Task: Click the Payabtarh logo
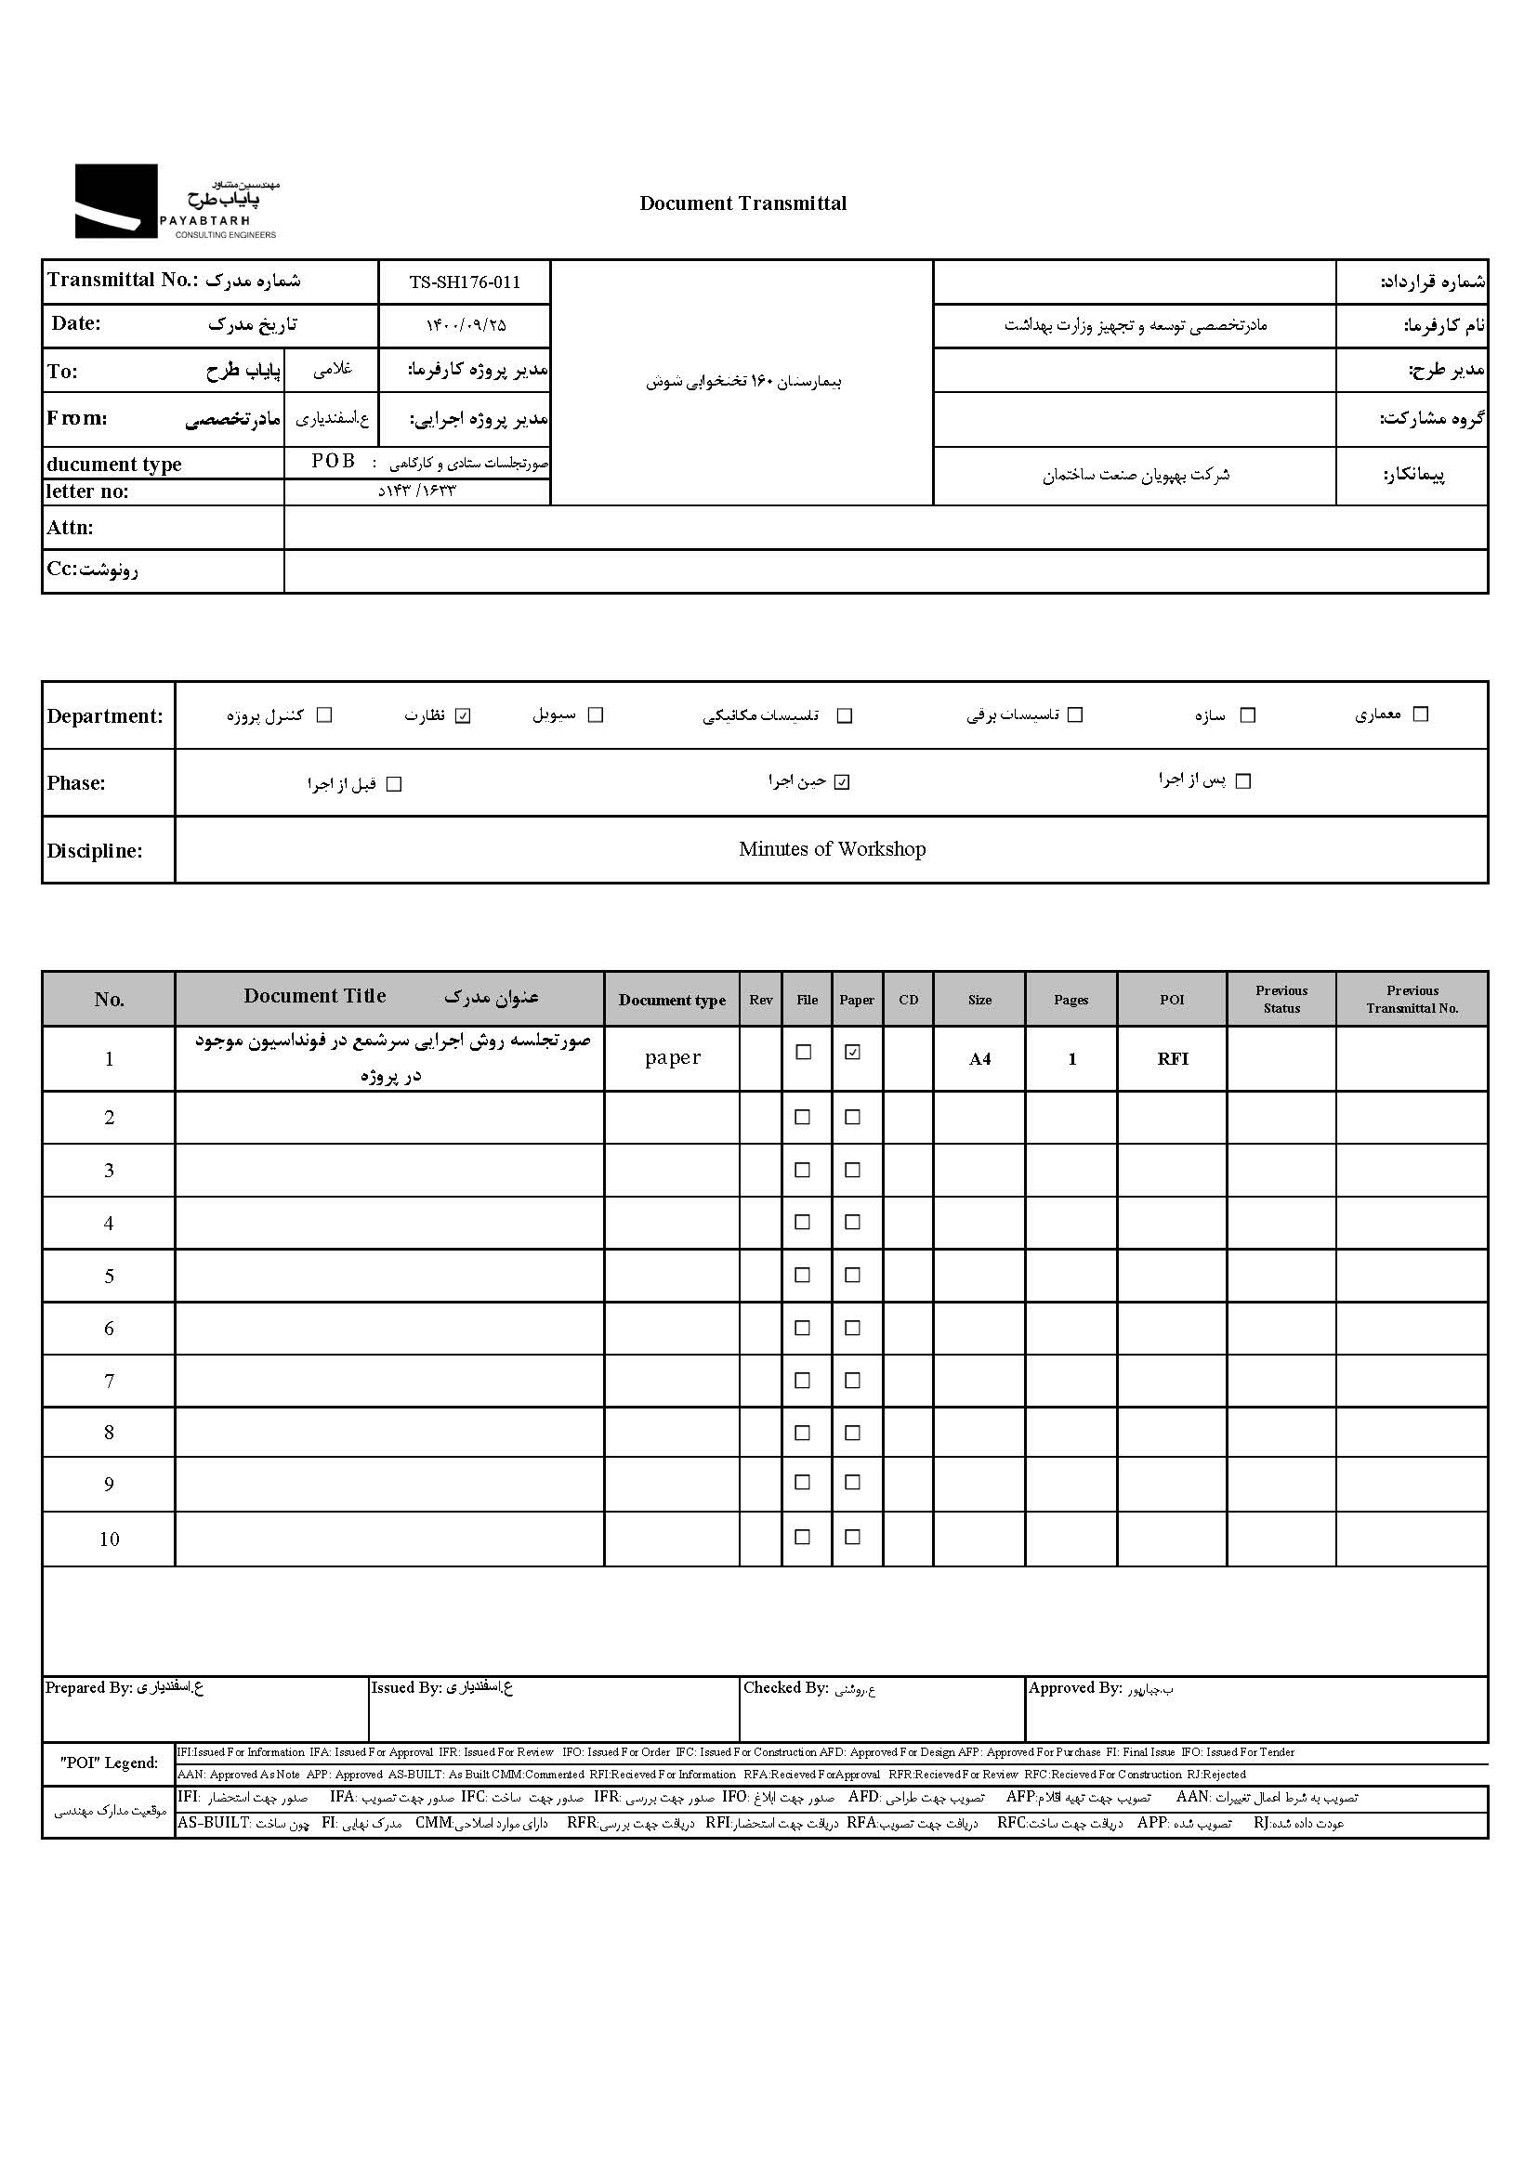coord(176,202)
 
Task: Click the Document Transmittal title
coord(743,203)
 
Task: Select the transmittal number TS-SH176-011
coord(464,282)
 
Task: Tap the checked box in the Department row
coord(463,715)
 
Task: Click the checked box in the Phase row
coord(842,782)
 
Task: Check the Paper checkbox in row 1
coord(853,1052)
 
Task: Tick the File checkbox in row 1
coord(804,1052)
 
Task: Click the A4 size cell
coord(979,1059)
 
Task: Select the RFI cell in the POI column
coord(1172,1059)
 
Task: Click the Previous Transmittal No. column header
coord(1412,999)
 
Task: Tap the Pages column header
coord(1071,1000)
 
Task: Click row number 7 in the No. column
coord(109,1382)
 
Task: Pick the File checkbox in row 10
coord(803,1538)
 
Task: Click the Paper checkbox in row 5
coord(853,1276)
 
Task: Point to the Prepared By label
coord(88,1688)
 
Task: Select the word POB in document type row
coord(334,461)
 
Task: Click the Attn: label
coord(70,528)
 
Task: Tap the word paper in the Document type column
coord(672,1058)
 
